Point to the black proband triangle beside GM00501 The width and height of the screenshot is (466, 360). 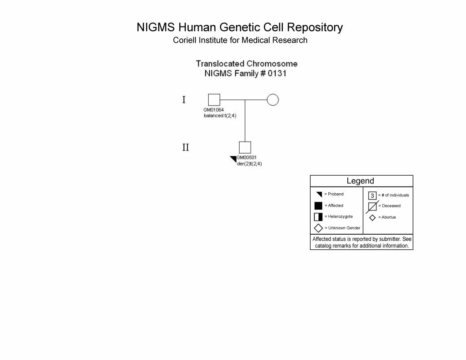[234, 159]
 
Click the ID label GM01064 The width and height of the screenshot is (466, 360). [214, 110]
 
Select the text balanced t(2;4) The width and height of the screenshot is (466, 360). [220, 116]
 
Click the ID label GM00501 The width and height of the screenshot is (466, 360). [247, 158]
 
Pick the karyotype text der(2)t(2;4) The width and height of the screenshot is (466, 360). [249, 164]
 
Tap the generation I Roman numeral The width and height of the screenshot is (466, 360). [184, 100]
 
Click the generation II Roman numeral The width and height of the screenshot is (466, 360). [185, 147]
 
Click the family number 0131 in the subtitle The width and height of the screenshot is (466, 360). [277, 73]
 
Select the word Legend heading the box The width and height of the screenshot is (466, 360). [360, 181]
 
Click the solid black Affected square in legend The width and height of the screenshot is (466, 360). [318, 206]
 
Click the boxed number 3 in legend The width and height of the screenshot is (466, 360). [372, 195]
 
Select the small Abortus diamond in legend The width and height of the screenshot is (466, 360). [372, 218]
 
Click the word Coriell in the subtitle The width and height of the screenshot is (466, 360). [184, 40]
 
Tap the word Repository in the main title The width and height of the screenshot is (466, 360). [315, 28]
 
